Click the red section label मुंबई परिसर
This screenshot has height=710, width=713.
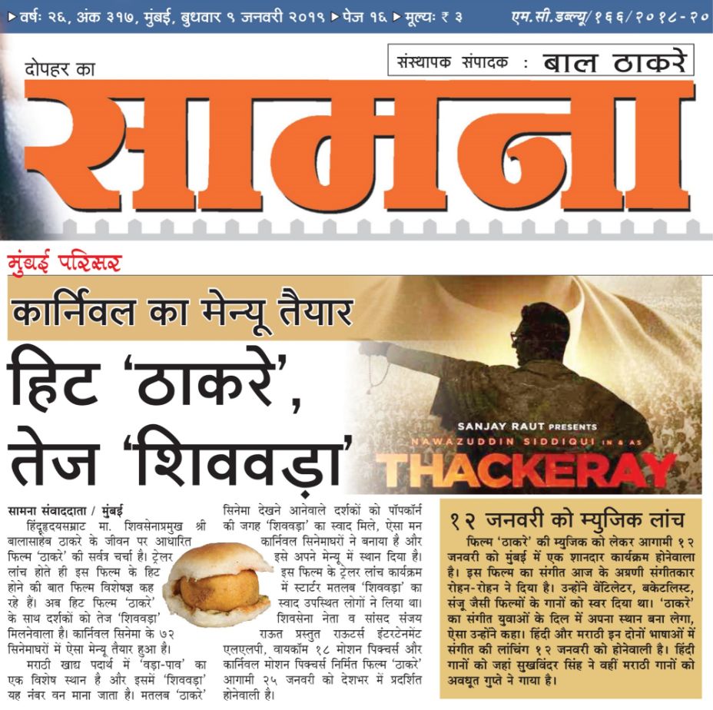click(x=65, y=263)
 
